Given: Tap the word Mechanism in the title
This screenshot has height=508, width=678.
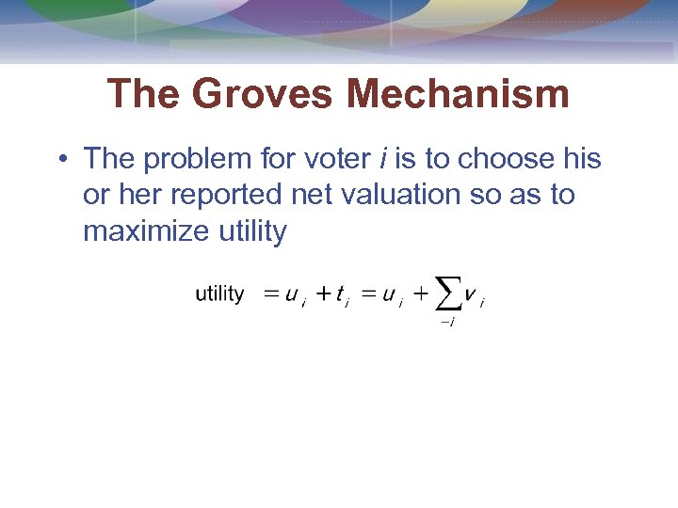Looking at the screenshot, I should coord(458,94).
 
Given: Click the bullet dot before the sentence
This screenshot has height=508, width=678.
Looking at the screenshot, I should coord(61,160).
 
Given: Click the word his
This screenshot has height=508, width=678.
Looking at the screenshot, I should coord(582,159).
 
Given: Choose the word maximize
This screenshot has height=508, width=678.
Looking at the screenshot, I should coord(141,230).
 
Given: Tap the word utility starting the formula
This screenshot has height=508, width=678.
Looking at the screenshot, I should coord(219,294).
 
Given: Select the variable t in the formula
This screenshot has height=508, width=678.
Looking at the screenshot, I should coord(339,294).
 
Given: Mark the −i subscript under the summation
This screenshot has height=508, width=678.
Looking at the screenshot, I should coord(447,323).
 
